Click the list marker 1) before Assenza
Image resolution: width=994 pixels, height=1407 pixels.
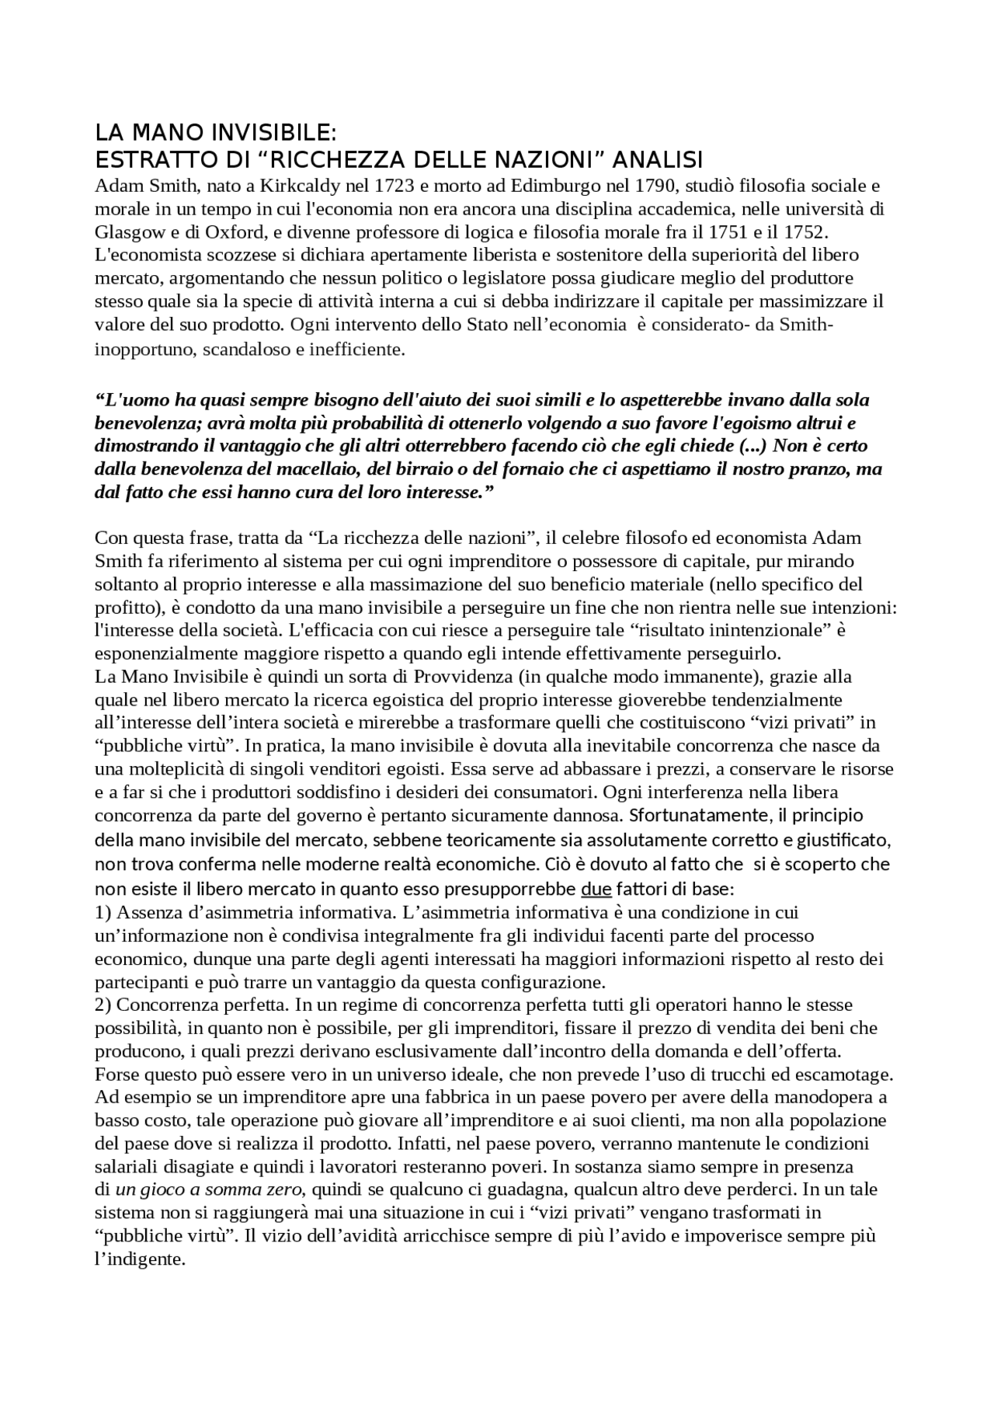pos(103,912)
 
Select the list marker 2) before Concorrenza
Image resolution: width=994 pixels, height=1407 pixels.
pos(103,1005)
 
